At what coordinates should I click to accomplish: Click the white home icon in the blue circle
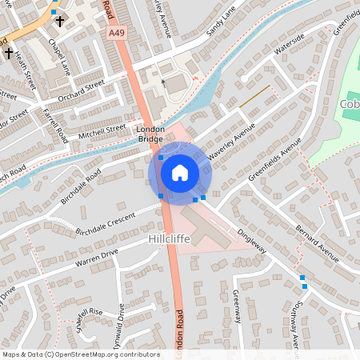(180, 172)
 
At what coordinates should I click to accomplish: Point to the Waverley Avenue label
(232, 141)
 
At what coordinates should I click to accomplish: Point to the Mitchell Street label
(102, 129)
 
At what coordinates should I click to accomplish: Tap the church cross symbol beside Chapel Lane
(59, 22)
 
